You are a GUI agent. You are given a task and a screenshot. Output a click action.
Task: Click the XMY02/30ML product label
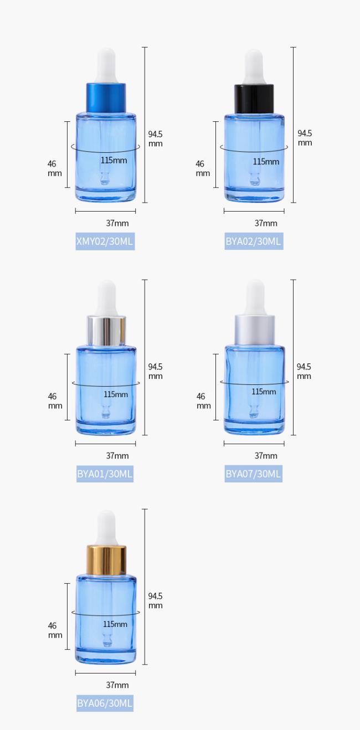[x=105, y=241]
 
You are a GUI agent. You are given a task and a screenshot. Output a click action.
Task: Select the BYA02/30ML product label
[x=254, y=241]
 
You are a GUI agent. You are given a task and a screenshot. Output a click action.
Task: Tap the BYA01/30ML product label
[x=105, y=474]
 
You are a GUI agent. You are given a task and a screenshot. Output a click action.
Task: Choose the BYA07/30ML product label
[x=254, y=474]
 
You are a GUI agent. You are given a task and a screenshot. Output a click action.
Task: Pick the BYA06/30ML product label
[x=105, y=703]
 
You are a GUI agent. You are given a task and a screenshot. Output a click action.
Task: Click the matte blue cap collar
[x=106, y=98]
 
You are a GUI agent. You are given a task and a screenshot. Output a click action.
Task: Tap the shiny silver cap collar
[x=106, y=331]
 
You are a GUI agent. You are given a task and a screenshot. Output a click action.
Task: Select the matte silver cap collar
[x=255, y=331]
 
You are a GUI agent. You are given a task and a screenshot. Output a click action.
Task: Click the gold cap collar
[x=106, y=560]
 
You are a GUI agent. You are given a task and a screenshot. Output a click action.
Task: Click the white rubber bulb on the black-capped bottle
[x=254, y=67]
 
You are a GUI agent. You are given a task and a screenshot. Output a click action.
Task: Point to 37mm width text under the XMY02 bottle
[x=117, y=223]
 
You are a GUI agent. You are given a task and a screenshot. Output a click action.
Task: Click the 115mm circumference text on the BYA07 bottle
[x=264, y=392]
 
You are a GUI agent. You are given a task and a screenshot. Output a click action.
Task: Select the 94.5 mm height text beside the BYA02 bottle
[x=305, y=138]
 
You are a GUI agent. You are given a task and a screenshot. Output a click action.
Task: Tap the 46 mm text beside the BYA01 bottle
[x=55, y=401]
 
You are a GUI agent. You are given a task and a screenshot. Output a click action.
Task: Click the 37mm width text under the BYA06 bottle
[x=117, y=685]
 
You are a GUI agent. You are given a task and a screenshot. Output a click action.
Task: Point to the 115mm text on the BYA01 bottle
[x=116, y=394]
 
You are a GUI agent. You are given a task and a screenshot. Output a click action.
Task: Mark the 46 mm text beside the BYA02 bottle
[x=203, y=168]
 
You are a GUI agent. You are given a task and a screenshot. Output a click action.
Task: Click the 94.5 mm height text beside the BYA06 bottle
[x=156, y=600]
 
